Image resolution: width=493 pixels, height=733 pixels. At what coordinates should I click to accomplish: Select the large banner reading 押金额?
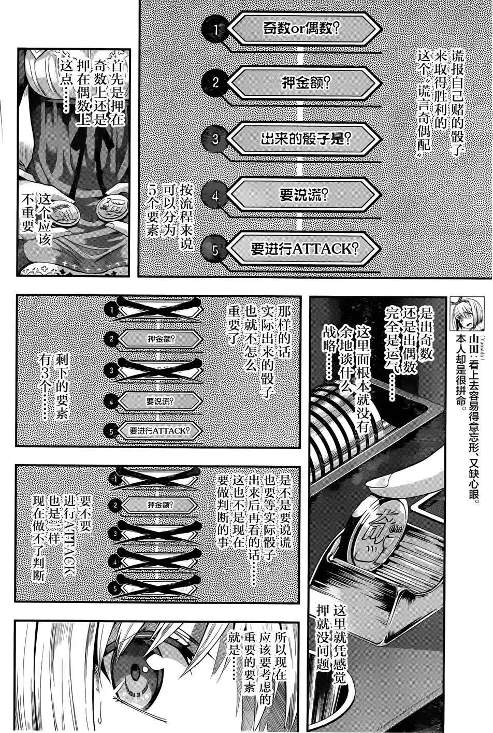point(305,82)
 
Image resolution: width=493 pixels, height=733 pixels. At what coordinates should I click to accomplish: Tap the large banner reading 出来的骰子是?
point(305,138)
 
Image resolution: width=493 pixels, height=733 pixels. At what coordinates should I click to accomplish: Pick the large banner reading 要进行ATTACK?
point(303,249)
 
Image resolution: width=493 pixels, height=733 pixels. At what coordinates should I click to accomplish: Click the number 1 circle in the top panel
point(215,30)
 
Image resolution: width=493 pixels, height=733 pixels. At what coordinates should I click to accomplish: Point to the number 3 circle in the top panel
point(215,139)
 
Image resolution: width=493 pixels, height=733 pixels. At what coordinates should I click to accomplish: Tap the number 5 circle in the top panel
point(214,250)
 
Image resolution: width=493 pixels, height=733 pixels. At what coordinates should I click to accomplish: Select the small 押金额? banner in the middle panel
point(161,339)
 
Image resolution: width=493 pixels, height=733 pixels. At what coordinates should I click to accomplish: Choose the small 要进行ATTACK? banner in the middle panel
point(160,430)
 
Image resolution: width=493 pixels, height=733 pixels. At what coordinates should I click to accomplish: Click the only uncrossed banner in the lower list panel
point(160,505)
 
